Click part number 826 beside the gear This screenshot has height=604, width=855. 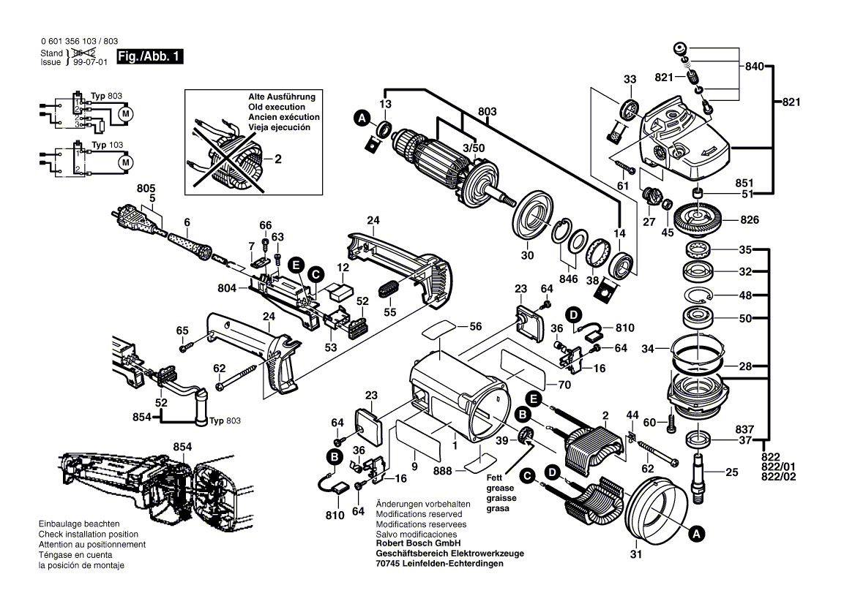coord(750,219)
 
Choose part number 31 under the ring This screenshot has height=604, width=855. coord(635,554)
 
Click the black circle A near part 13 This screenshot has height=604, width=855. coord(360,117)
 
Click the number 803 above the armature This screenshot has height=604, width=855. coord(488,112)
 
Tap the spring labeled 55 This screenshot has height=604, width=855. coord(389,287)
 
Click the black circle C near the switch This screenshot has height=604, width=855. coord(315,275)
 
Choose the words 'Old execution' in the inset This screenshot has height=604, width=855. coord(277,107)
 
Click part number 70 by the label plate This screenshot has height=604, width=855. coord(564,384)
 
